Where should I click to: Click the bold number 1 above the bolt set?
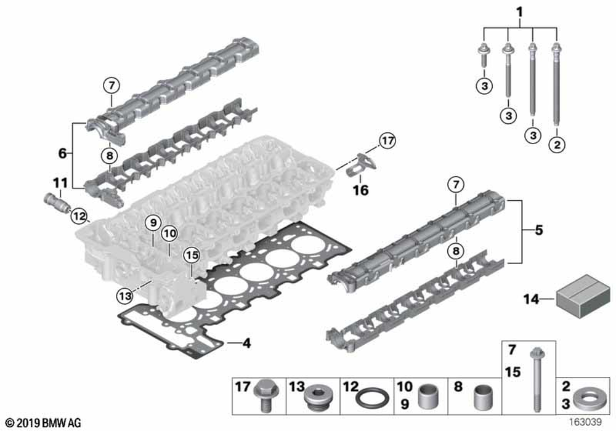pos(519,12)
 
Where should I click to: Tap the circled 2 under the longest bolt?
pos(557,145)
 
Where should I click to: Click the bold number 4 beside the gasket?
pos(246,344)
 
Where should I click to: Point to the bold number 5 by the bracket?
pos(538,230)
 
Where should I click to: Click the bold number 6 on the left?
pos(62,153)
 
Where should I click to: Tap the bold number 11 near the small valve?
pos(60,182)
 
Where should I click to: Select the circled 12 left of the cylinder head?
pos(79,216)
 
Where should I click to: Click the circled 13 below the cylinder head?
pos(125,296)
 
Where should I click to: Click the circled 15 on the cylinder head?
pos(192,256)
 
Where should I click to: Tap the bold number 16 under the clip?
pos(360,190)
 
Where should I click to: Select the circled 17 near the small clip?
pos(387,140)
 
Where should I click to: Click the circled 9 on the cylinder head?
pos(153,223)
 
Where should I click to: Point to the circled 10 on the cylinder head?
pos(170,234)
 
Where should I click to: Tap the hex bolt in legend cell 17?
pos(266,397)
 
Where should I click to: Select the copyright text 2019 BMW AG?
pos(44,423)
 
